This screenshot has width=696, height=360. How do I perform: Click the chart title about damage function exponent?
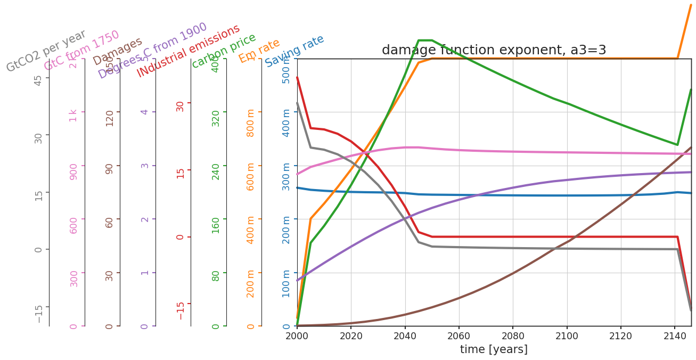click(x=494, y=50)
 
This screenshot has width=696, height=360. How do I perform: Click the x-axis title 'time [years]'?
click(x=494, y=349)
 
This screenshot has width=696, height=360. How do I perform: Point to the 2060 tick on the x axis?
click(x=458, y=336)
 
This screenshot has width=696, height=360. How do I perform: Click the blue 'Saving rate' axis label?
click(x=294, y=51)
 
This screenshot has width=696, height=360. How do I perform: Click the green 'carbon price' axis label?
click(x=224, y=51)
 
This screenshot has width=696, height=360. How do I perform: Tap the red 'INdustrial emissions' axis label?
click(x=189, y=51)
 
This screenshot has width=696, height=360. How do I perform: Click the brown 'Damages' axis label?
click(x=118, y=51)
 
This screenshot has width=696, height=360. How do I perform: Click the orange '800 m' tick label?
click(x=251, y=122)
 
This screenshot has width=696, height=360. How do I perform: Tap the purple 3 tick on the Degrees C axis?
click(x=144, y=165)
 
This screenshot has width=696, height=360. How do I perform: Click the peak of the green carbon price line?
click(x=425, y=40)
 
